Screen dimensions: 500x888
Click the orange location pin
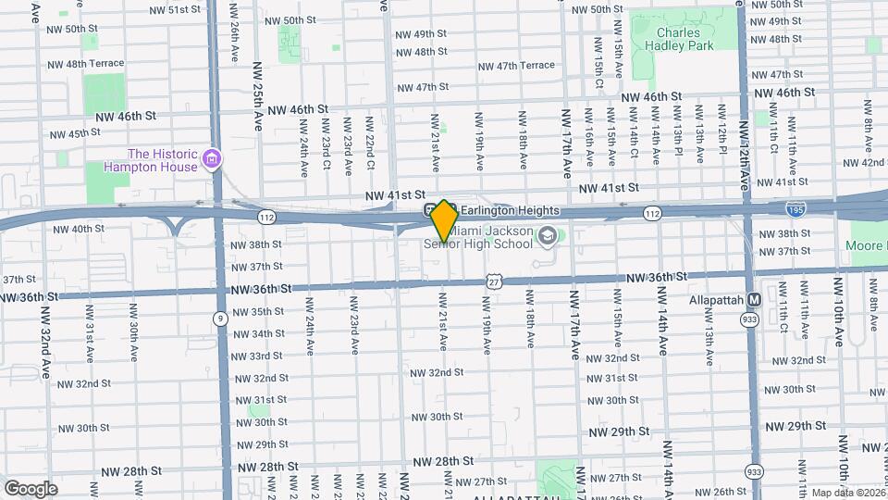[x=444, y=220]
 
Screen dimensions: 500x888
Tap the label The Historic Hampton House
[x=163, y=160]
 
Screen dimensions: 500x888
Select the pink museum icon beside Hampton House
[x=213, y=161]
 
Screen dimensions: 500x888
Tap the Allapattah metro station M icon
[x=754, y=300]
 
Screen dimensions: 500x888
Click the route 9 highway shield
[x=220, y=319]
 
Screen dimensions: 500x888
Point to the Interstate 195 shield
[x=794, y=210]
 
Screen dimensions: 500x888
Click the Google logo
[x=31, y=488]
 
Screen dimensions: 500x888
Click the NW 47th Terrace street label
[x=516, y=66]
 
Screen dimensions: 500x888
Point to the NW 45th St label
[x=70, y=133]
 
